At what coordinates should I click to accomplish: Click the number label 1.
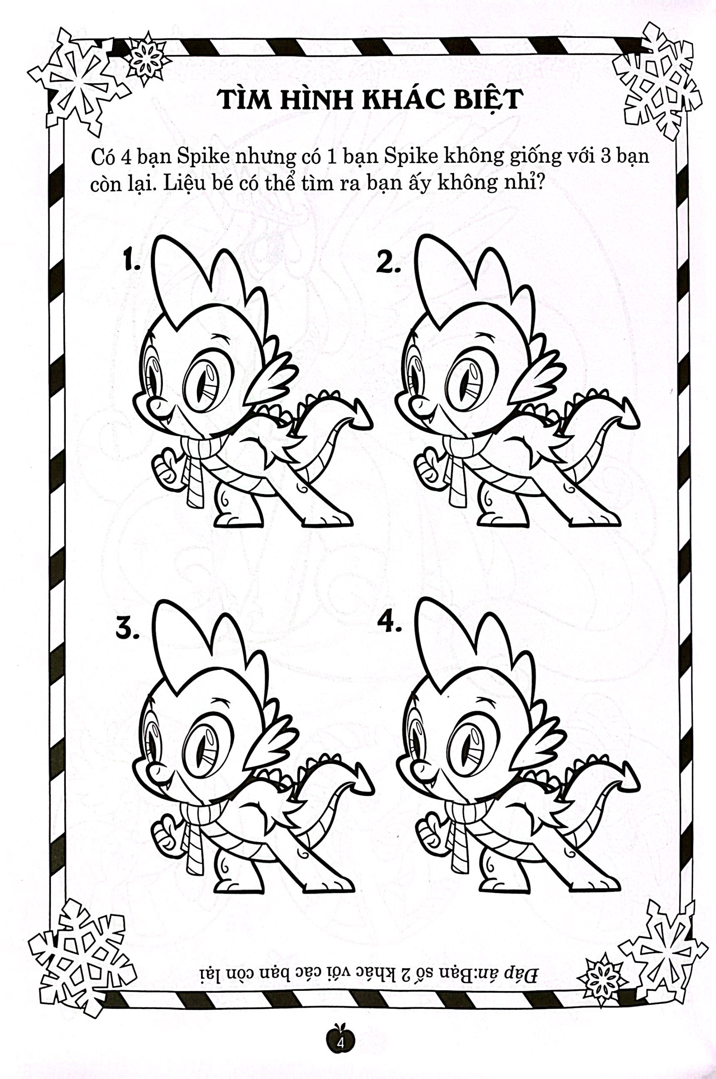coord(132,262)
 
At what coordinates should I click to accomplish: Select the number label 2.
coord(388,263)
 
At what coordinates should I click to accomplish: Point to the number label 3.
coord(127,630)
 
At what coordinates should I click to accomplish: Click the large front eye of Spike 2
coord(470,385)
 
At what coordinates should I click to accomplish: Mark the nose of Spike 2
coord(416,404)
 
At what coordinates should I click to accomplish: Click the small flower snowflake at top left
coord(146,58)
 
